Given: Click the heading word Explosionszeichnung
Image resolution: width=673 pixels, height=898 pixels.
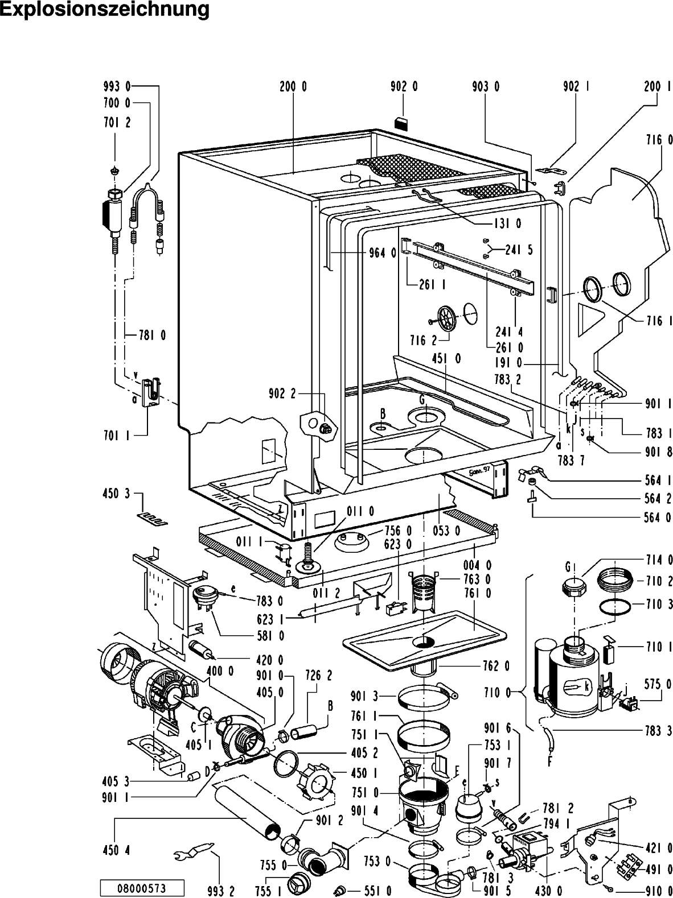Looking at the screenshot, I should tap(105, 10).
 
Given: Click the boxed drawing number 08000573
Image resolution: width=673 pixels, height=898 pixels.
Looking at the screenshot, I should tap(142, 887).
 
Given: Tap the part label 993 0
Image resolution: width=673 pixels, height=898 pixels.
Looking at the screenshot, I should tap(117, 86).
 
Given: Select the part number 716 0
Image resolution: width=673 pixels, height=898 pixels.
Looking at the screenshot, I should tap(659, 139).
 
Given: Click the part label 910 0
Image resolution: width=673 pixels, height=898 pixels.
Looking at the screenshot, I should tap(659, 889).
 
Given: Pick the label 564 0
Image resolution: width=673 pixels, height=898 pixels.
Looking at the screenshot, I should tap(659, 517).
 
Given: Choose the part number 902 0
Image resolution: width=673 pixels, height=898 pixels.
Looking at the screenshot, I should tap(404, 86).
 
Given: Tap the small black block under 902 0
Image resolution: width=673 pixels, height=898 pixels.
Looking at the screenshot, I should tap(403, 122).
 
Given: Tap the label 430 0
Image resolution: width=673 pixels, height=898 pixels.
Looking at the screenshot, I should tap(549, 889).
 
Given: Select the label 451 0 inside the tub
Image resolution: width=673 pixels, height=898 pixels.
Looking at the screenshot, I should tap(447, 358).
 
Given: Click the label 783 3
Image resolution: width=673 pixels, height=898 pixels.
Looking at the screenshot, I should tap(659, 731).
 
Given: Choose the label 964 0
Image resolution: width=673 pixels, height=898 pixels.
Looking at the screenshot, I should tap(382, 254).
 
